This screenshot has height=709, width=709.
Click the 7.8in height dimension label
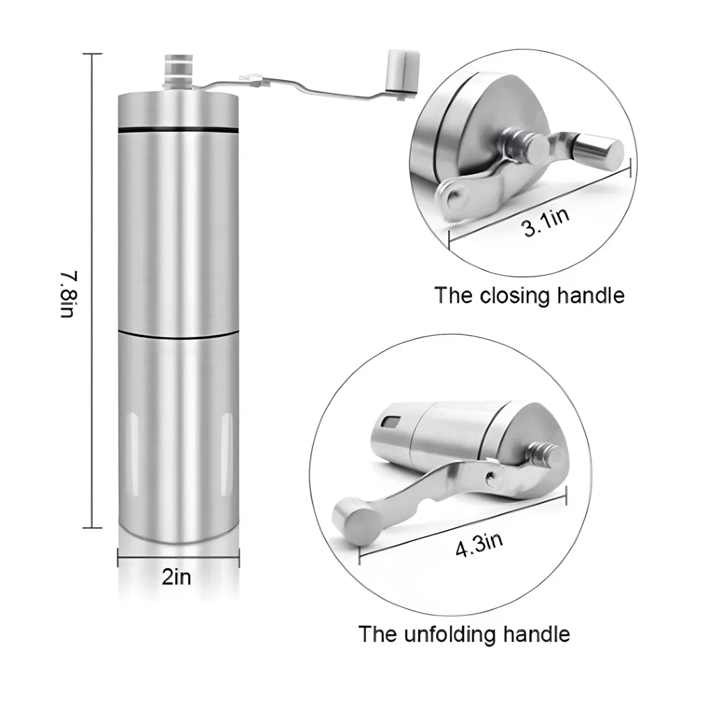[70, 294]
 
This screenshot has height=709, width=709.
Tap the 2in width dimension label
[177, 577]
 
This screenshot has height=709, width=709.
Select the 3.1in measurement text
[545, 223]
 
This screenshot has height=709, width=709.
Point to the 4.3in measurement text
[479, 544]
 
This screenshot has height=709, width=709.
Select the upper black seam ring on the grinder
[178, 130]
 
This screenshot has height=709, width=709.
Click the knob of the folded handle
[595, 150]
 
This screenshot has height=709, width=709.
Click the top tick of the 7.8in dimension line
[93, 54]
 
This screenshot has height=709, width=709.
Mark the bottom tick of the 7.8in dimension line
[93, 527]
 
